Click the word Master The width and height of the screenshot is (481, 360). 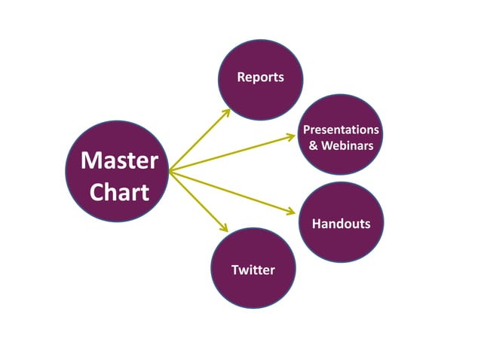click(119, 160)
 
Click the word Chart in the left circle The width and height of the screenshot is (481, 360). click(119, 192)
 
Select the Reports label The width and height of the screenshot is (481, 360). click(260, 77)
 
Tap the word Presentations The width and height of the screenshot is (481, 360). click(341, 130)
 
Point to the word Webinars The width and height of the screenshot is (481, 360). click(348, 145)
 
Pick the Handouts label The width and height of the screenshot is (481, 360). click(341, 224)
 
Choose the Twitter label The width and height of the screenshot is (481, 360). click(253, 270)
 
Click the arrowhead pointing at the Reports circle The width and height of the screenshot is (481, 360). click(227, 112)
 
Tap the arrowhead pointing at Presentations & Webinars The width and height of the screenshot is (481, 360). click(293, 136)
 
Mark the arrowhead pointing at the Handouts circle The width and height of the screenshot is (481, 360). click(293, 213)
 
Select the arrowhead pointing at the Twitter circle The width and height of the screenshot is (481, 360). click(224, 228)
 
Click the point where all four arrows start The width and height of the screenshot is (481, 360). click(170, 172)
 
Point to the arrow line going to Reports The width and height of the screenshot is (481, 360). click(198, 142)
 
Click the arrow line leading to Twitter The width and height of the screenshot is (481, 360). click(196, 200)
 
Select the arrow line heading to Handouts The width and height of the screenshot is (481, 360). click(230, 192)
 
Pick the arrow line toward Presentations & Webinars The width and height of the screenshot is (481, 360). click(230, 154)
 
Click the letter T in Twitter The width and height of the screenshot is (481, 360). click(235, 270)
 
